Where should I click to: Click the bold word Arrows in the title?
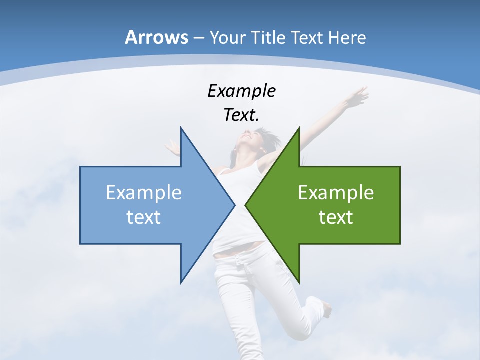coord(156,37)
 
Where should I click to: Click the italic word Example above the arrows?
coord(241,91)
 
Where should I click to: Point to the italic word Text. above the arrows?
coord(241,115)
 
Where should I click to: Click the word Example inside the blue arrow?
coord(144,193)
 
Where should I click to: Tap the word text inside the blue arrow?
coord(144,217)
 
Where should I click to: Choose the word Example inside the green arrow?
coord(336,193)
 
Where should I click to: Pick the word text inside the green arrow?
coord(336,217)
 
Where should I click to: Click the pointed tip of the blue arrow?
coord(235,205)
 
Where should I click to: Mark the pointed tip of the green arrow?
coord(245,205)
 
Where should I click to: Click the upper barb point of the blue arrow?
coord(181,128)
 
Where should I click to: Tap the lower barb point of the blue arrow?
coord(181,283)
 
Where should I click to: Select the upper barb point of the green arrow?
coord(299,128)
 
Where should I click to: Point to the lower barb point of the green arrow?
coord(299,283)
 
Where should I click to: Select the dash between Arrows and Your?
coord(198,38)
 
